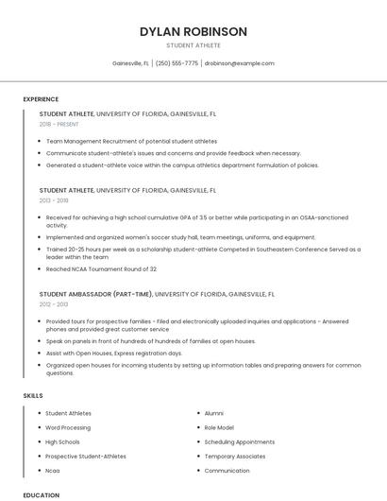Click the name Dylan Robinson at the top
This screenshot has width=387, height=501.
point(193,31)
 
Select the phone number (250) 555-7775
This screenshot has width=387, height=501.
point(177,63)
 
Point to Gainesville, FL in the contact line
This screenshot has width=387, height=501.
point(130,63)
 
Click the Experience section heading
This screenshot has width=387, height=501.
point(41,99)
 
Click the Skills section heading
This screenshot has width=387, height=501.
point(33,394)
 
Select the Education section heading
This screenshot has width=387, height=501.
point(41,494)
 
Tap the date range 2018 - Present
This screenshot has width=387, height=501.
point(59,124)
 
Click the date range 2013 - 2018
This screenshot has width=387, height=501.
point(54,200)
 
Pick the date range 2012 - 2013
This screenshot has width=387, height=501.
point(54,304)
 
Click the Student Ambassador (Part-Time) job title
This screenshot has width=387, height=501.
point(96,294)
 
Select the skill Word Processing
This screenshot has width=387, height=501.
point(68,427)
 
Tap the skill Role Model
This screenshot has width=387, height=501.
point(219,427)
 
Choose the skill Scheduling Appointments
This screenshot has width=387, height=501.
point(239,441)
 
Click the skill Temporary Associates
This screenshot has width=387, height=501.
point(235,456)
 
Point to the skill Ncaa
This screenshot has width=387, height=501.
point(53,470)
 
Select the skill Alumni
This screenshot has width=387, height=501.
point(214,413)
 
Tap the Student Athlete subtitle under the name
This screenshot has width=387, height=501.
point(193,45)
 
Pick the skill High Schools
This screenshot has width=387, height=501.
point(62,441)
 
